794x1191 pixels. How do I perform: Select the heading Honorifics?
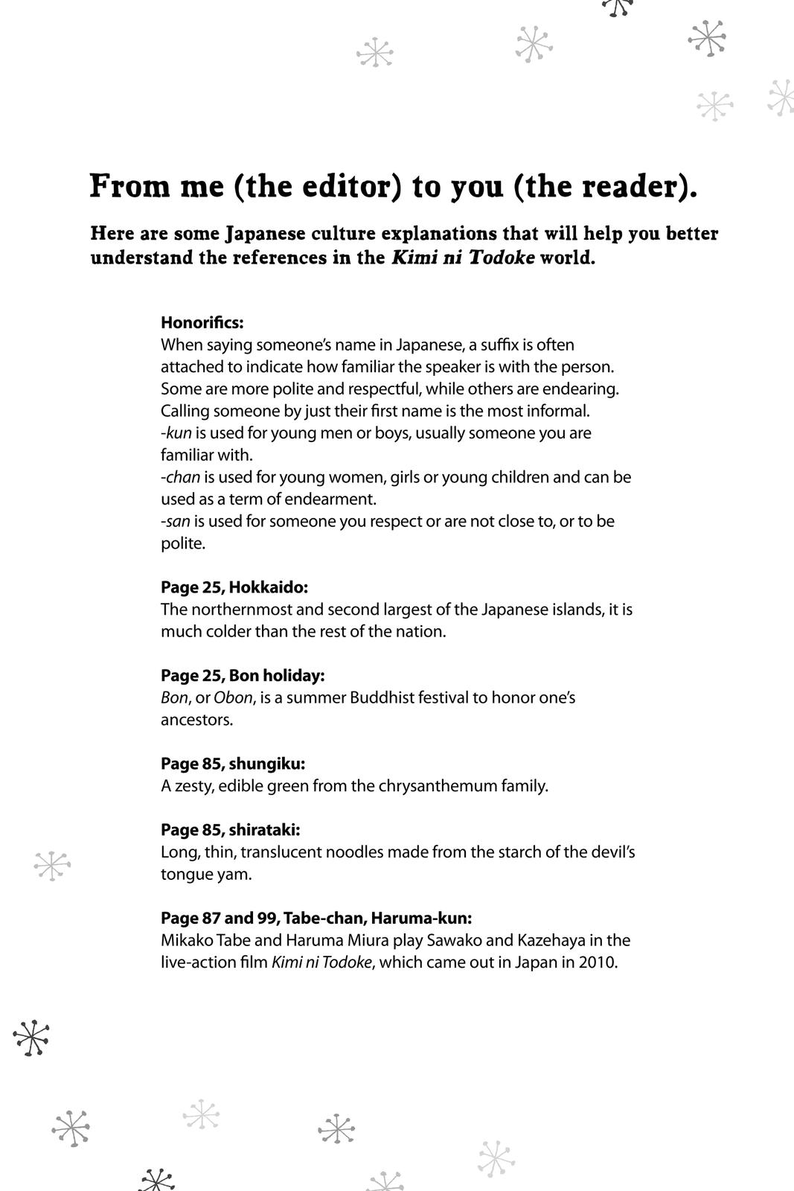(x=202, y=323)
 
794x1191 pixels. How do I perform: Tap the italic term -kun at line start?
(x=176, y=433)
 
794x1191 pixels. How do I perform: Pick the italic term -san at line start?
(x=176, y=521)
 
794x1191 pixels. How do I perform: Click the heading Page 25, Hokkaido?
(x=234, y=587)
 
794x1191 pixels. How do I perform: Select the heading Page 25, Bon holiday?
(x=243, y=675)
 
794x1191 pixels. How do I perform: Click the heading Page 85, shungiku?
(x=233, y=764)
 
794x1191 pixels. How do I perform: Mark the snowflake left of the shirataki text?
(x=52, y=866)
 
